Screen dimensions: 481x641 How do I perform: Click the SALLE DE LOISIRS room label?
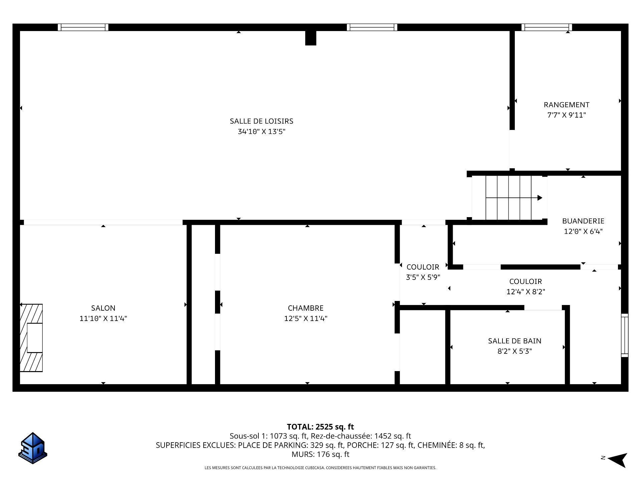point(261,121)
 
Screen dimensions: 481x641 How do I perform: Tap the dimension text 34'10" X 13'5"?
point(261,132)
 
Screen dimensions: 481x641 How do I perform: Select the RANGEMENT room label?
point(567,105)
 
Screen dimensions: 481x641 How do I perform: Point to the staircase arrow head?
point(540,198)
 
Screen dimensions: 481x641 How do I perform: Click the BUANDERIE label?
point(583,221)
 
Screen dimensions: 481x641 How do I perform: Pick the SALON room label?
point(103,308)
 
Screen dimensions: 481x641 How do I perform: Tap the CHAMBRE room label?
point(305,308)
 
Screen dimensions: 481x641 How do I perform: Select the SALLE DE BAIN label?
point(514,341)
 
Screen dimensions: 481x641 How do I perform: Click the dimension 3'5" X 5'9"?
point(423,277)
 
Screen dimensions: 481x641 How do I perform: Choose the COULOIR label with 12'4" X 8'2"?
point(525,281)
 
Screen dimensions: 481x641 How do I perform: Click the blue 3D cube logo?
point(32,448)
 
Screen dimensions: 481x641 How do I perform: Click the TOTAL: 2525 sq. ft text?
point(320,427)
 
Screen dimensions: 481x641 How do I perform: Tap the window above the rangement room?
point(547,27)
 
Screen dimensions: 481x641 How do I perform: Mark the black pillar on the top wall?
point(310,38)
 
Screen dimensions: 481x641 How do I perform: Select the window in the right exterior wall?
point(624,335)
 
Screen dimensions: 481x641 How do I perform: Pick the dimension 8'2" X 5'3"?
point(514,351)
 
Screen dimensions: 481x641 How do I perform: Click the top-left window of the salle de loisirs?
point(83,27)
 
